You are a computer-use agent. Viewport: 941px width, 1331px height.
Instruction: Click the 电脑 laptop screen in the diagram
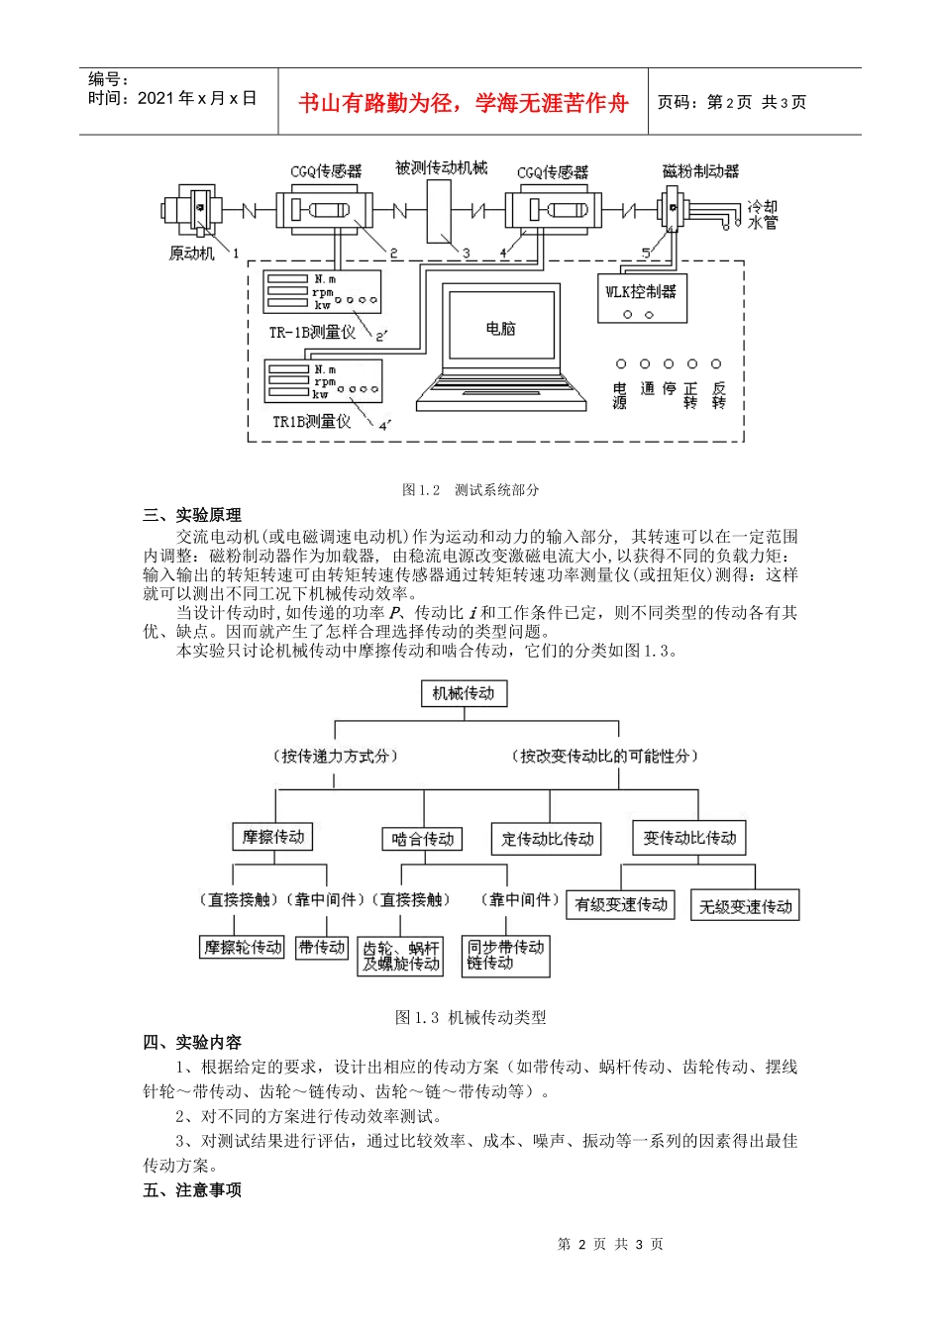(500, 327)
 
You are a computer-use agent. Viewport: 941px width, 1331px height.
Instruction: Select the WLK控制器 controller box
(641, 295)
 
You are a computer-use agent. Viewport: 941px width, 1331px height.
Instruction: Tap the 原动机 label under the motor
(191, 253)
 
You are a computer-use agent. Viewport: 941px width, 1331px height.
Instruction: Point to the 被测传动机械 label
(441, 168)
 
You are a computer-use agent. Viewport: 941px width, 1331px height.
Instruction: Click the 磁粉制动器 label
(700, 171)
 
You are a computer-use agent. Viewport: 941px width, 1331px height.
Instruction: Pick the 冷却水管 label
(762, 215)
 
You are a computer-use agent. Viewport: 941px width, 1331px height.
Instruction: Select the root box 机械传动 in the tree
(464, 693)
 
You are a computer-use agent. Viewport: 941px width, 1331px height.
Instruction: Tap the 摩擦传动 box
(273, 837)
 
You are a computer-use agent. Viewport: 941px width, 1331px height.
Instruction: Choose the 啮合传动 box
(423, 839)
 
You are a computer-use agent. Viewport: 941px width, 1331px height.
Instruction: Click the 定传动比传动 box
(547, 839)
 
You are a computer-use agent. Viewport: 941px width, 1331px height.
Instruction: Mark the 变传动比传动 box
(689, 838)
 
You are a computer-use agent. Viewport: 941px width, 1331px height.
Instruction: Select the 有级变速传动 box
(621, 904)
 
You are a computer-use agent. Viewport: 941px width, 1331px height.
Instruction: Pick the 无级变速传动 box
(745, 906)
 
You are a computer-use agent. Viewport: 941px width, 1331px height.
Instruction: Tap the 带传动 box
(322, 948)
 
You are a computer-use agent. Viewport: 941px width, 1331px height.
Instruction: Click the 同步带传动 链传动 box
(505, 955)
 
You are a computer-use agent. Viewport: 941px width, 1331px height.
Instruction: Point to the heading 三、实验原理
(192, 515)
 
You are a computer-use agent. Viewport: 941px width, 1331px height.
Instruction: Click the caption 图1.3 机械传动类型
(470, 1017)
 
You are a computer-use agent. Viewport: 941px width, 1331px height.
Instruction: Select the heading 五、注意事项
(192, 1189)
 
